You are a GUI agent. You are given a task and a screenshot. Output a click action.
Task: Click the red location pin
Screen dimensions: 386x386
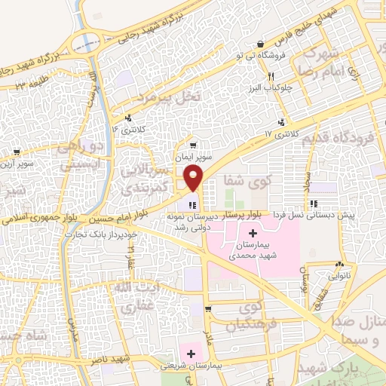tap(193, 179)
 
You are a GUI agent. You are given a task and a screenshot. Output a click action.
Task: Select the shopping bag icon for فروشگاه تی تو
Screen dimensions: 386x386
tap(260, 44)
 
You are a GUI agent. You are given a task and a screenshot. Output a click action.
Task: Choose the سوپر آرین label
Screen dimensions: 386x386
tap(16, 163)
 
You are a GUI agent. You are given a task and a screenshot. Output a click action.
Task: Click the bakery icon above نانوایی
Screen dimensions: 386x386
tap(339, 265)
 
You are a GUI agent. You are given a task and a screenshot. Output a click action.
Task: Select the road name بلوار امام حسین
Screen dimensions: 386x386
tap(117, 220)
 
